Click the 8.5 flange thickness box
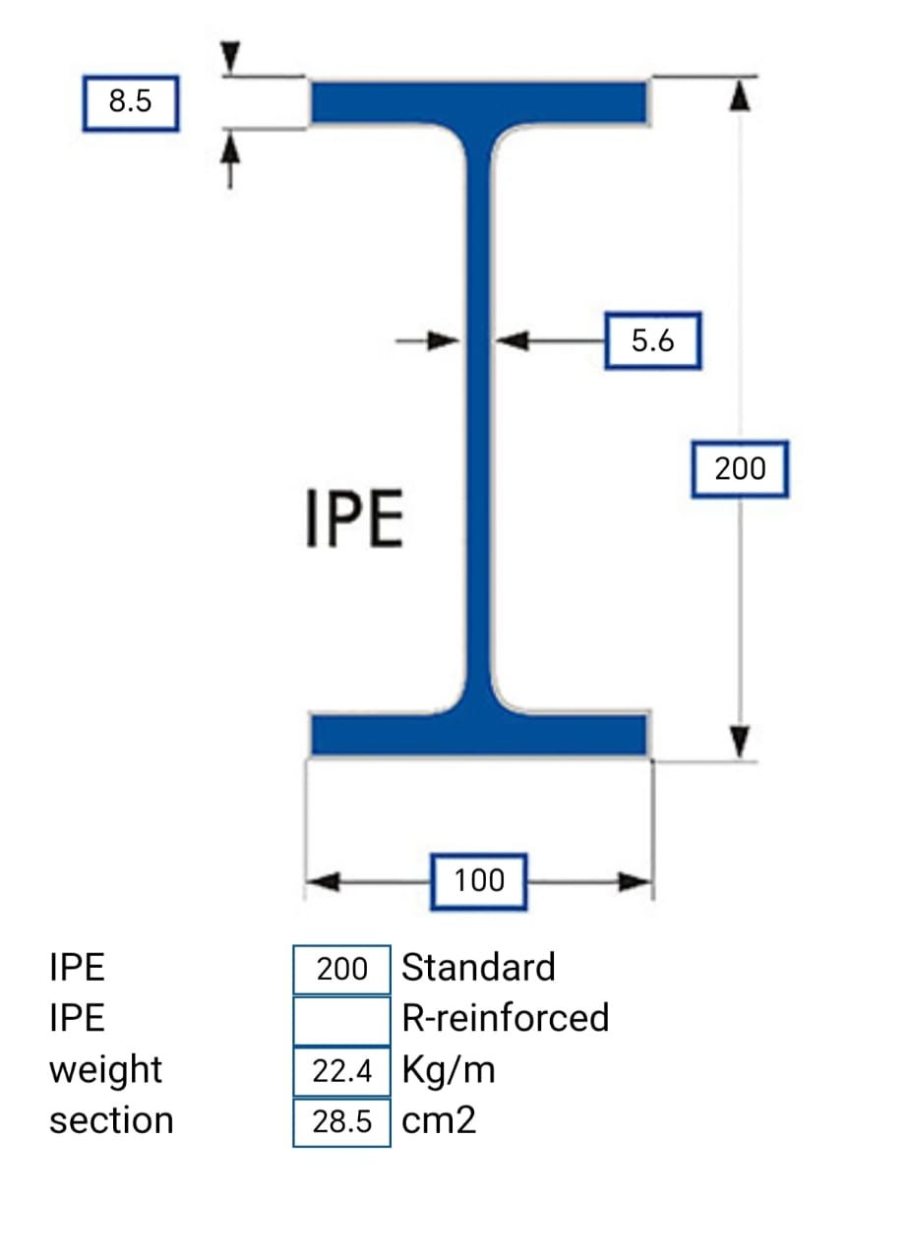coord(130,102)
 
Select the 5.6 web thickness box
coord(652,341)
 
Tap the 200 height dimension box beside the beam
coord(739,469)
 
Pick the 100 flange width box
coord(479,880)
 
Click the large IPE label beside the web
coord(354,520)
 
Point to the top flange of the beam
coord(479,101)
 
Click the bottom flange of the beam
coord(479,734)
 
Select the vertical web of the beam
coord(479,413)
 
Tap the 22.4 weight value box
coord(341,1071)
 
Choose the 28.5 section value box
coord(341,1121)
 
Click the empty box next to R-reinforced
coord(341,1019)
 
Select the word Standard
coord(478,968)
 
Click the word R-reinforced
coord(505,1018)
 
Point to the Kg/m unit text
coord(448,1070)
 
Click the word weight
coord(105,1070)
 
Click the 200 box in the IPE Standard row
coord(341,969)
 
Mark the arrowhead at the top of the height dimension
coord(741,95)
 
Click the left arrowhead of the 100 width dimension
coord(323,881)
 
